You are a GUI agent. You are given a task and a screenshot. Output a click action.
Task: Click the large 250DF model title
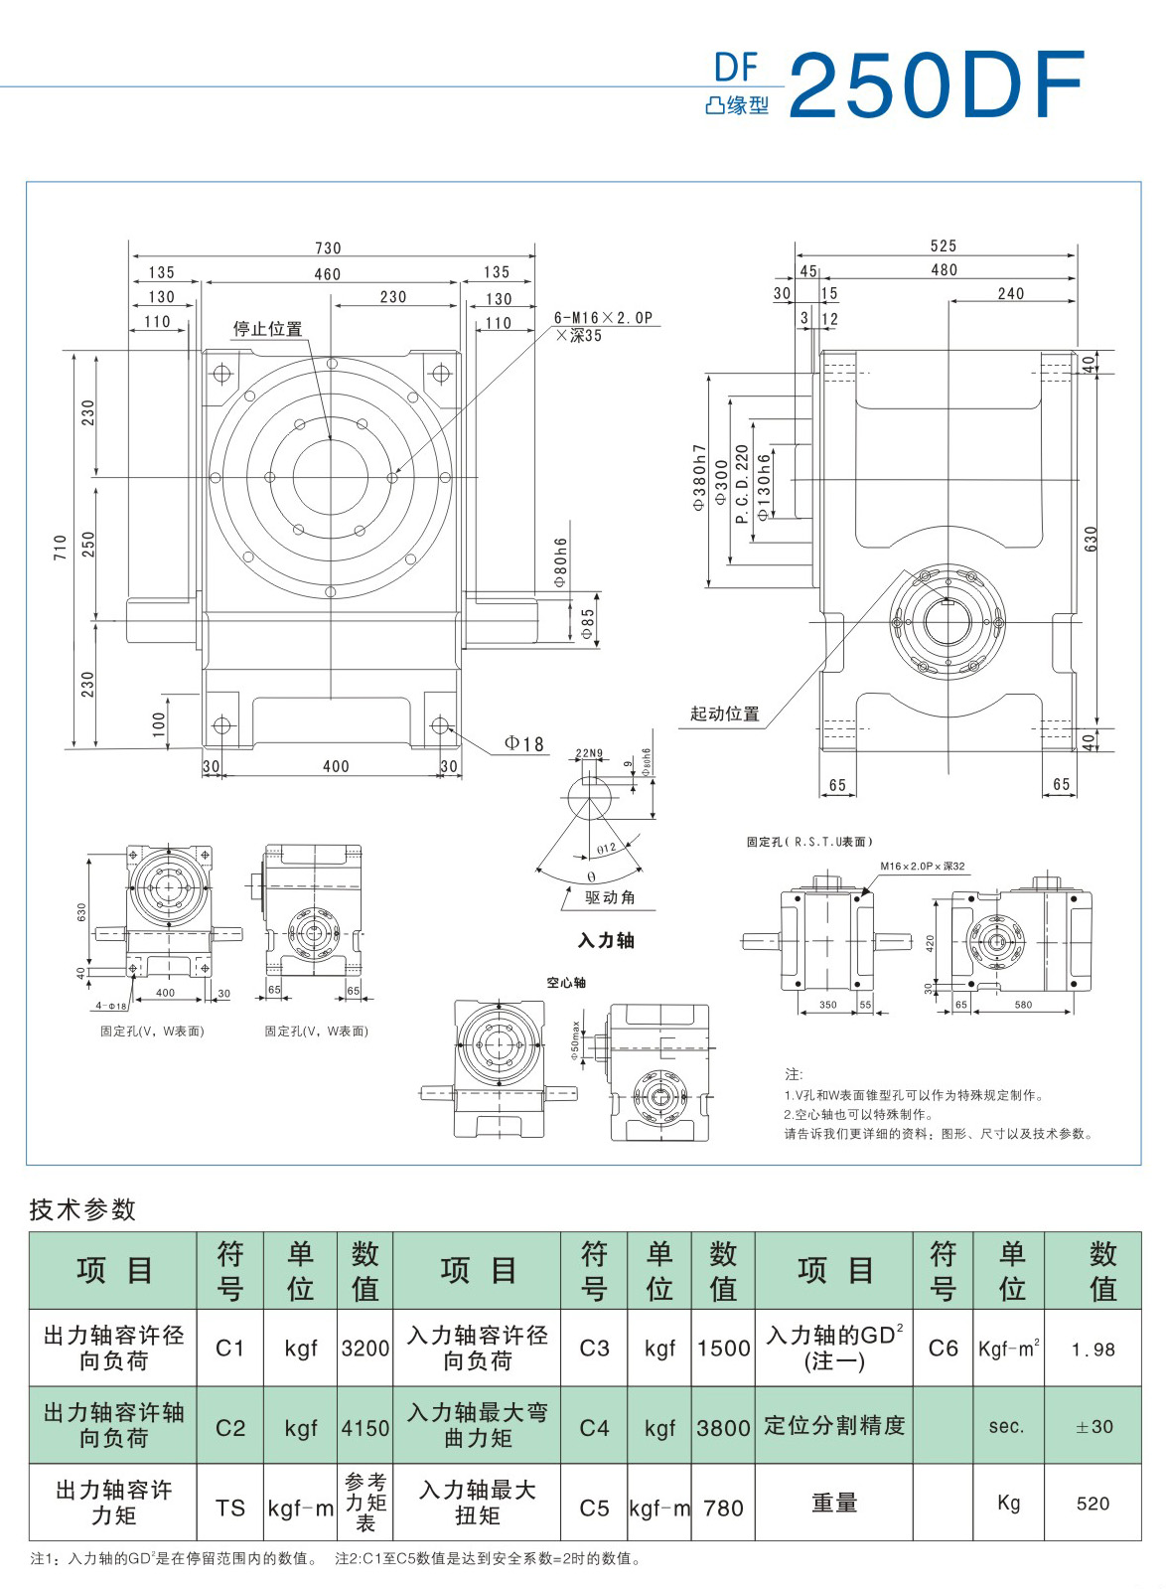(x=937, y=86)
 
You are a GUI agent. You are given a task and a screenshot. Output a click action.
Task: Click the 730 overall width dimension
(x=328, y=248)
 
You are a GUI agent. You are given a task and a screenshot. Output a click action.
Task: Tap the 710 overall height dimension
(x=61, y=547)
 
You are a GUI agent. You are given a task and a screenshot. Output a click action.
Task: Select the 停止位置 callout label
(x=267, y=329)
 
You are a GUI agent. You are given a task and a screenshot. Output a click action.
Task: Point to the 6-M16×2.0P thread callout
(x=604, y=318)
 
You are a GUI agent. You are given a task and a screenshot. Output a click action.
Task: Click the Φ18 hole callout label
(x=524, y=743)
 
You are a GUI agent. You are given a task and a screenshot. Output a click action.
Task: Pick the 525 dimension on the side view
(x=944, y=245)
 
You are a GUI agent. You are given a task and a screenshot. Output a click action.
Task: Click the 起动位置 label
(x=725, y=714)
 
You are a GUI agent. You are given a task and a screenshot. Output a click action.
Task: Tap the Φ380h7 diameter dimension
(x=699, y=477)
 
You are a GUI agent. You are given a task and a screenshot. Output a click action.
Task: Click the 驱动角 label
(x=610, y=897)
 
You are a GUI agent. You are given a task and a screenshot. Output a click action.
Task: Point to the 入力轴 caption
(x=606, y=940)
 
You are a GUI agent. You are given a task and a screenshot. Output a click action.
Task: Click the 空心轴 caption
(x=566, y=983)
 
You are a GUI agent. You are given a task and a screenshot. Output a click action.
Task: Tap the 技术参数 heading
(x=82, y=1209)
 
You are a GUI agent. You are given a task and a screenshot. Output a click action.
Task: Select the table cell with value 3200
(x=365, y=1349)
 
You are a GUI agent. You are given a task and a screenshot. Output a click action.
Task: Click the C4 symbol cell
(x=594, y=1428)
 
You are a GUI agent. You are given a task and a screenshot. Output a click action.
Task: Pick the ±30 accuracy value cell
(x=1093, y=1427)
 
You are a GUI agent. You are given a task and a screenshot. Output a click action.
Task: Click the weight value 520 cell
(x=1093, y=1504)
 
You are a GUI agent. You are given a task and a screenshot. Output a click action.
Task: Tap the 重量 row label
(x=833, y=1504)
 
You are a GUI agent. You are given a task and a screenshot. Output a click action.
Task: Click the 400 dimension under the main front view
(x=336, y=766)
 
